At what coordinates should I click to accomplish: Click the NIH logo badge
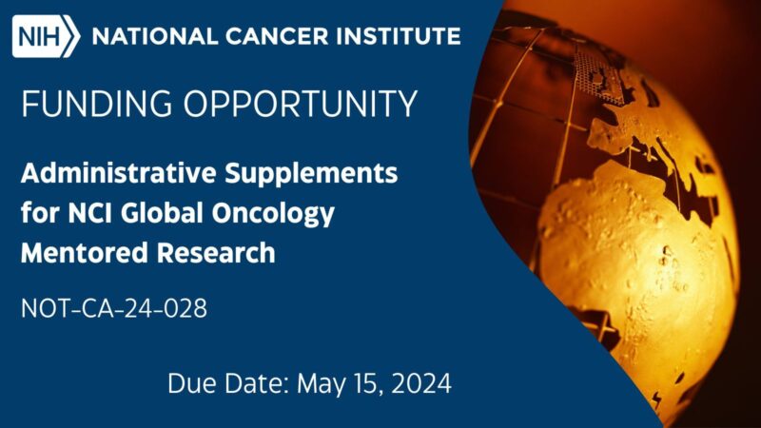(x=45, y=38)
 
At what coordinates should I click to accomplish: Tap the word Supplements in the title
(x=314, y=174)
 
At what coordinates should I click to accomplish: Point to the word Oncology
(x=276, y=214)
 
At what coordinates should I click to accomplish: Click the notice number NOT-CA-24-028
(x=113, y=308)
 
